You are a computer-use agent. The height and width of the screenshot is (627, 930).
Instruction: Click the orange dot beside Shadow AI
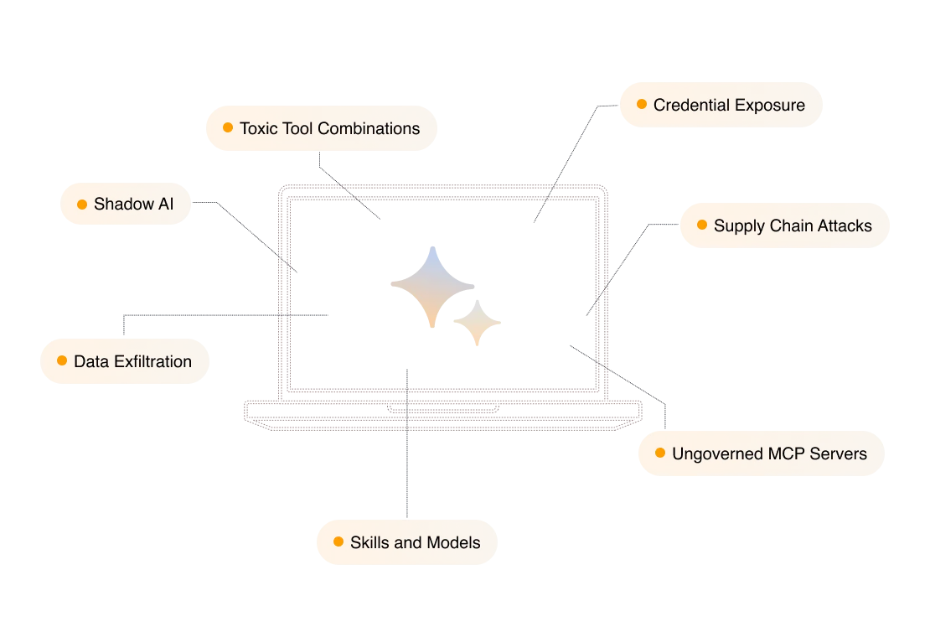[x=82, y=204]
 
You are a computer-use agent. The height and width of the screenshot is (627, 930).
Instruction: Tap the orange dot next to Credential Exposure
[x=642, y=105]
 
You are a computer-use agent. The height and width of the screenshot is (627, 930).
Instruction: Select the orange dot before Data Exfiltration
[x=62, y=361]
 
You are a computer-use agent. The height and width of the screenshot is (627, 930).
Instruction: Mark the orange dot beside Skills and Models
[x=338, y=541]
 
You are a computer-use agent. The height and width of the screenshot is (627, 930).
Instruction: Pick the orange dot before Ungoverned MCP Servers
[x=660, y=453]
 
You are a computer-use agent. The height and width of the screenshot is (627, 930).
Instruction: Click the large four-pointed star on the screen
[x=431, y=284]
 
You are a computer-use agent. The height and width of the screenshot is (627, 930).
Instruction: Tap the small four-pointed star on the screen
[x=476, y=321]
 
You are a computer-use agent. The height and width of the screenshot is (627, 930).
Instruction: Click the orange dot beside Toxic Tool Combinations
[x=228, y=127]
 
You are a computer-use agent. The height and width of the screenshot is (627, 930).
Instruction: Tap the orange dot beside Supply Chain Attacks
[x=702, y=225]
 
